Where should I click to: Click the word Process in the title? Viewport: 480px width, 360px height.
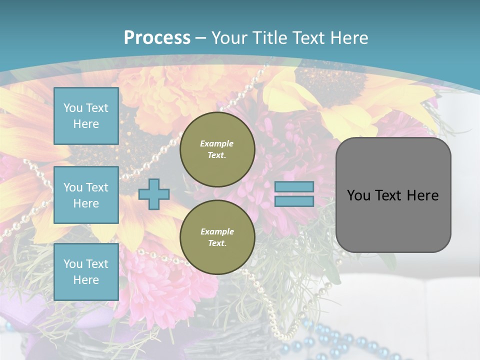tap(157, 38)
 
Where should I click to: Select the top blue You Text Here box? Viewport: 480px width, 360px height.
tap(86, 116)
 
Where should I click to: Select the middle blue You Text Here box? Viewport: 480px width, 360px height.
tap(86, 195)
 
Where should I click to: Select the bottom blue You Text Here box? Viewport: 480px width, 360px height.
tap(86, 272)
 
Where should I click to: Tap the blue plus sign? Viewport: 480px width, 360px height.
tap(153, 194)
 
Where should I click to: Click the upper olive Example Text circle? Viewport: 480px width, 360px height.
tap(217, 149)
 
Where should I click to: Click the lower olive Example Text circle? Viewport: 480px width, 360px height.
tap(217, 237)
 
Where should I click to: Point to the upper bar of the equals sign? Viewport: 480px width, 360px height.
tap(294, 186)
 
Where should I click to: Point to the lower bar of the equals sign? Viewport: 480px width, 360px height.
tap(294, 201)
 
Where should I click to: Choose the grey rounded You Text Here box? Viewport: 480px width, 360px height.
tap(393, 195)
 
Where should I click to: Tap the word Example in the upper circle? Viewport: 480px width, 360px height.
tap(217, 143)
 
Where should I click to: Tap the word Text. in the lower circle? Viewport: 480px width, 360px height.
tap(217, 243)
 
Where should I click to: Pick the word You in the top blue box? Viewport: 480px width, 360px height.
tap(72, 108)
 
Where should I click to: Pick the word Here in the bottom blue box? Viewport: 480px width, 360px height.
tap(86, 280)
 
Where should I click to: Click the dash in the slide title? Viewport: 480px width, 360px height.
tap(200, 38)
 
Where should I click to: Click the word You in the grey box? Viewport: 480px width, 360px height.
tap(358, 195)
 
